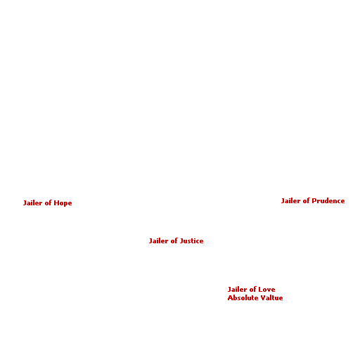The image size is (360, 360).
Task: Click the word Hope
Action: tap(63, 203)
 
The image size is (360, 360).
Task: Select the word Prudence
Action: tap(328, 201)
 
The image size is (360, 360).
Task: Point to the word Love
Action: tap(266, 290)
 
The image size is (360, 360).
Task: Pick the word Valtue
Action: tap(272, 298)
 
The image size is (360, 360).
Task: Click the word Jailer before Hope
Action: tap(32, 203)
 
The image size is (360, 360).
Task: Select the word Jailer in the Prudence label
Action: tap(290, 201)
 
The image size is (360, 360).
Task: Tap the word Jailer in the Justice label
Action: tap(158, 241)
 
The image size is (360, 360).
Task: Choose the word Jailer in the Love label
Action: tap(237, 290)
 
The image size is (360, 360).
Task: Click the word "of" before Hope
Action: tap(48, 203)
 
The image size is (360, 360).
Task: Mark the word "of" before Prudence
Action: tap(306, 201)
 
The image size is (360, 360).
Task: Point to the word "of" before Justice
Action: tap(174, 241)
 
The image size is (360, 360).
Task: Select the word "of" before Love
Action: tap(252, 290)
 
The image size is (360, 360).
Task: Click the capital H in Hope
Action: tap(56, 203)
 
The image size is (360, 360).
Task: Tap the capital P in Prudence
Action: tap(314, 201)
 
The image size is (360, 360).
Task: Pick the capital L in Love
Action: tap(261, 290)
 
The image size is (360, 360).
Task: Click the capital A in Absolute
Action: tap(230, 298)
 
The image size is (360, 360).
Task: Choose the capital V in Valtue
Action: tap(264, 298)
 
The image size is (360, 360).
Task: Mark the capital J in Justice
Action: tap(181, 241)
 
